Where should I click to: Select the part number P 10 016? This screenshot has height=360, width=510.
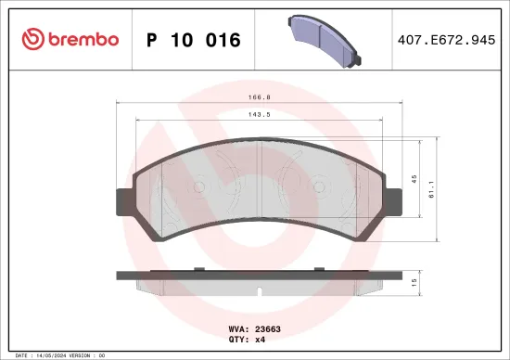click(194, 40)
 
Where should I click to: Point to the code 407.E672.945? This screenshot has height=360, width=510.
click(445, 40)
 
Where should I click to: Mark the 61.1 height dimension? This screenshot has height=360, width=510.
click(428, 190)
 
